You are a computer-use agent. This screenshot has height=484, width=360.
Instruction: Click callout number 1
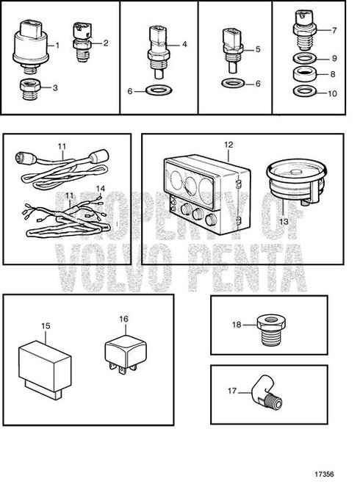click(x=57, y=46)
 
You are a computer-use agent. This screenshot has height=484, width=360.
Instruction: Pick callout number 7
click(x=334, y=30)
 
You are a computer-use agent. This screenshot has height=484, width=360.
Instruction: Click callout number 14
click(x=100, y=188)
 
